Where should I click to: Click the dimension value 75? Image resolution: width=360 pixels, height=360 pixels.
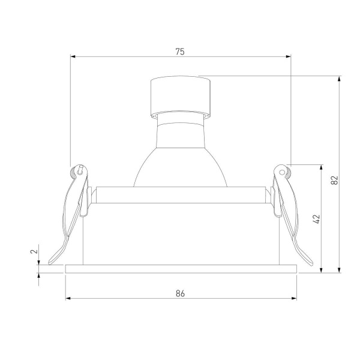(x=180, y=52)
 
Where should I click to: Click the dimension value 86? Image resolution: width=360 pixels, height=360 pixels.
(x=180, y=293)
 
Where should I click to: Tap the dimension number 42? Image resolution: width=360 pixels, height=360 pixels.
(x=317, y=219)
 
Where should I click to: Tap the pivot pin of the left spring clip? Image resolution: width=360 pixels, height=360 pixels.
(x=79, y=171)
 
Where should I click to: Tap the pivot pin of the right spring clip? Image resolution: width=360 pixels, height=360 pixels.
(x=283, y=172)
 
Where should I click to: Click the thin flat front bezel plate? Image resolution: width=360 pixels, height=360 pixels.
(x=180, y=268)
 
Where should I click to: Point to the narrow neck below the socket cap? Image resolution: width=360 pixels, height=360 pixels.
(x=180, y=116)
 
